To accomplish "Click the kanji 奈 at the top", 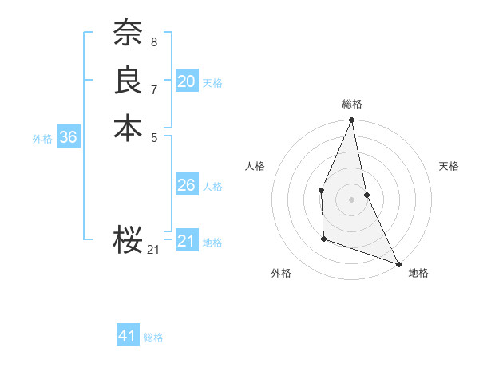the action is pos(128,33).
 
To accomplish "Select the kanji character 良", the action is pos(128,81).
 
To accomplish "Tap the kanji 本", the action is pos(128,128).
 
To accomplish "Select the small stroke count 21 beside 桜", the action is pos(153,250).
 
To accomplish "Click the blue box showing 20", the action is pos(186,81).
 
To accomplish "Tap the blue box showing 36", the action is pos(68,137).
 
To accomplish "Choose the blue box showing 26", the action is pos(186,185).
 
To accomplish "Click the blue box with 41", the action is pos(128,336).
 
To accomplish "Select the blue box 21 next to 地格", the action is pos(186,241).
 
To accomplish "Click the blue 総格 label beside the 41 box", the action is pos(153,337).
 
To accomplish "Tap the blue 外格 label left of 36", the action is pos(42,139).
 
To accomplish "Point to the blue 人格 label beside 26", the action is pos(212,187).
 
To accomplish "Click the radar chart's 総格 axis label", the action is pos(351,105).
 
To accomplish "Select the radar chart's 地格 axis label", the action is pos(418,273).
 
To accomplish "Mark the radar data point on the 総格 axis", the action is pos(351,120).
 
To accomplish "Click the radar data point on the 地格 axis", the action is pos(398,263).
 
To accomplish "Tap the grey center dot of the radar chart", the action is pos(351,199).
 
